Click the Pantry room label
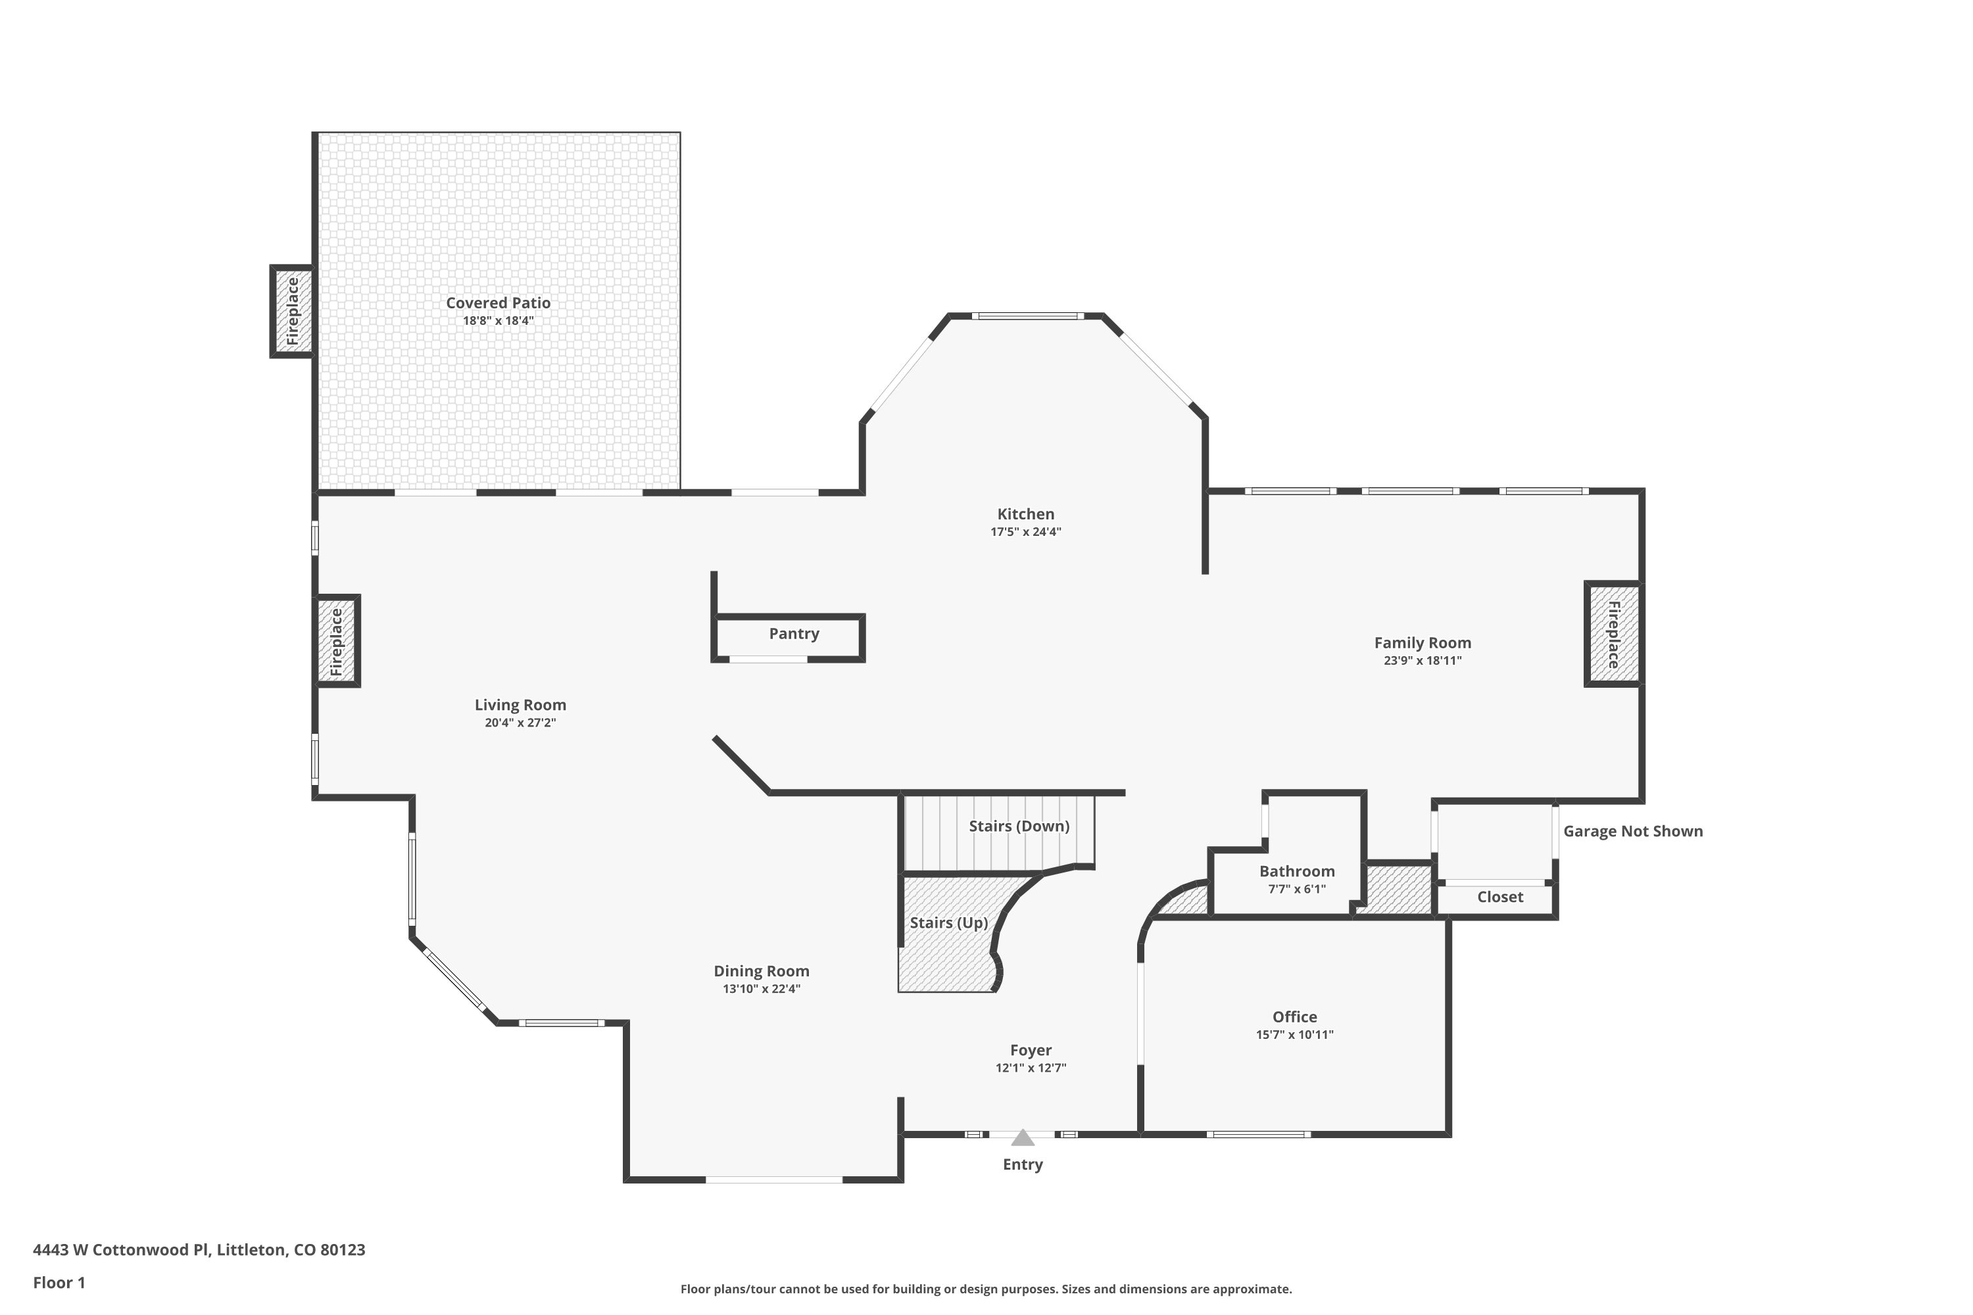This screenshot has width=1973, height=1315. coord(794,634)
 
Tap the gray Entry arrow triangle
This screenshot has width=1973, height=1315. coord(1022,1138)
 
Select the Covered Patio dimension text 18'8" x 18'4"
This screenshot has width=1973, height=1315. coord(499,322)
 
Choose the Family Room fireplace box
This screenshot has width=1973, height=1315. coord(1613,634)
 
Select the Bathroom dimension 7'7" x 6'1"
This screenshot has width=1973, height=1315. coord(1296,889)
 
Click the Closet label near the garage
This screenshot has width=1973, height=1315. coord(1500,897)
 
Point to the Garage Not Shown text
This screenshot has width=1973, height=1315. coord(1632,831)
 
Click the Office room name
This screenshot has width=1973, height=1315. coord(1294,1016)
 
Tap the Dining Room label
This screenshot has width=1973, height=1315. coord(761,971)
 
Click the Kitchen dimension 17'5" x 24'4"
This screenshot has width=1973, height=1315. coord(1025,532)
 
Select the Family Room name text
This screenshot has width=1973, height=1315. coord(1422,642)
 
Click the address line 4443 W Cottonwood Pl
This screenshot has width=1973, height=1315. coord(199,1250)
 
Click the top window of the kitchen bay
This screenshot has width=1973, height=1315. coord(1027,316)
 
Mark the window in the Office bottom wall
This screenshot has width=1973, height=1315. coord(1258,1135)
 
